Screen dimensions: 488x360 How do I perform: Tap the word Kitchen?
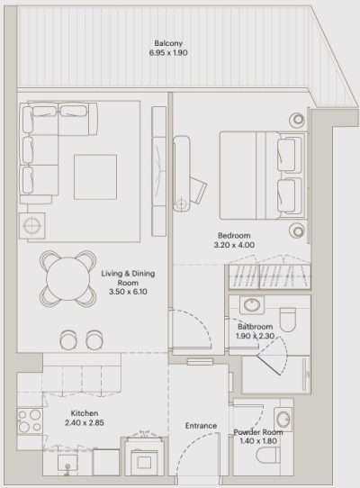coord(85,414)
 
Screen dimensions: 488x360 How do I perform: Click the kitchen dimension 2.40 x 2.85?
coord(85,424)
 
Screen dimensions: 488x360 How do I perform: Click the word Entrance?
coord(201,425)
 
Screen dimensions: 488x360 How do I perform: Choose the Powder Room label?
coord(258,432)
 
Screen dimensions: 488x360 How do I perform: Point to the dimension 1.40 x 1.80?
coord(258,442)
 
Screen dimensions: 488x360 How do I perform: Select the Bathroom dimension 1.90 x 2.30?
coord(257,337)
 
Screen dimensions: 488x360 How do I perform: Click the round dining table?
coord(67,278)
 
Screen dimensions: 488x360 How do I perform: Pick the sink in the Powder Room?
coord(283,417)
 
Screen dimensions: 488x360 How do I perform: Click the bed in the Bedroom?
coord(260,173)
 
